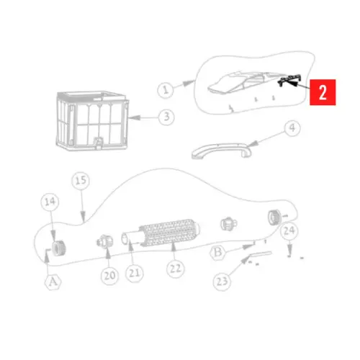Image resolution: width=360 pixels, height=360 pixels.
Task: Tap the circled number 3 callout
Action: (166, 116)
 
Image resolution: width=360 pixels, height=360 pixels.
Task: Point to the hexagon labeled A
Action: (52, 283)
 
